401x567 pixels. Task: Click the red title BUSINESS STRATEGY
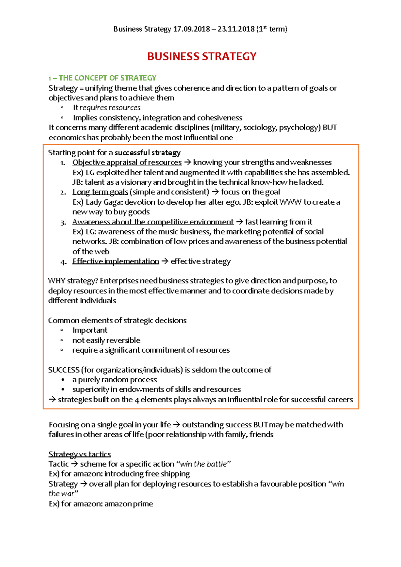coord(202,56)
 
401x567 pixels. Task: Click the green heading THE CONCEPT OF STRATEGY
coord(107,78)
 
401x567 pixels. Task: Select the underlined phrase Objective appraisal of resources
coord(127,163)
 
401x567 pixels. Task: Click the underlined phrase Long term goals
coord(100,192)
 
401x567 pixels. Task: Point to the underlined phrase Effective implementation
coord(116,261)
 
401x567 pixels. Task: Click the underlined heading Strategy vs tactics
coord(80,454)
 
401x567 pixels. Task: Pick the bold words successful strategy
coord(147,153)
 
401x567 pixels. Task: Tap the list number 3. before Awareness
coord(63,223)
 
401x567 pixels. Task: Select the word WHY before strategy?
coord(56,281)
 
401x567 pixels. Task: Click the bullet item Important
coord(90,330)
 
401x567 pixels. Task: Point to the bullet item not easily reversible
coord(106,340)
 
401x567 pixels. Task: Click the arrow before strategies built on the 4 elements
coord(52,400)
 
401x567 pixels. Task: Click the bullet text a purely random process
coord(115,380)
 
